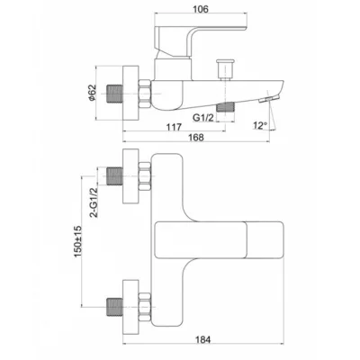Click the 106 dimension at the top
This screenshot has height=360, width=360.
pos(201,9)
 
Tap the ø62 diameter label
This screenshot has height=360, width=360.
pos(92,93)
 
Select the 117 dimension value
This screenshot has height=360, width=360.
pos(174,127)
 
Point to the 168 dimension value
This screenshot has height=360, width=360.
pos(196,138)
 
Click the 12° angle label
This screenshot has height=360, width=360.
pos(259,125)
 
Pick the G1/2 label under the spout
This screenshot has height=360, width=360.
pos(203,117)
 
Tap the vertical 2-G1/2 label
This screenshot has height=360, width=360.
pos(94,202)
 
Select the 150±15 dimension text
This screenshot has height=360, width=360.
pos(77,241)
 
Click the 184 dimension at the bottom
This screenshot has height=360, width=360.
pos(203,340)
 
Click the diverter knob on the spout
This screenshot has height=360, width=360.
pos(225,69)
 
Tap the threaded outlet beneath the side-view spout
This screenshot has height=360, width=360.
pos(225,107)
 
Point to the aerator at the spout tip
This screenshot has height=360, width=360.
pos(269,99)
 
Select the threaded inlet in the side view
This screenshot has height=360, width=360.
pos(115,94)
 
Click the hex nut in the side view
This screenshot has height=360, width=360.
pos(145,94)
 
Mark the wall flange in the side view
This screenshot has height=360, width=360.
pos(130,93)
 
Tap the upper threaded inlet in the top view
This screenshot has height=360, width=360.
pos(114,176)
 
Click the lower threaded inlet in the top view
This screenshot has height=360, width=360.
pos(114,307)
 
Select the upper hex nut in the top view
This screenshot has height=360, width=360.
pos(145,176)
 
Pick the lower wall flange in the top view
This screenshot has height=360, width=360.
pos(130,307)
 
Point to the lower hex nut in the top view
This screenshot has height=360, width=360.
pos(145,307)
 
